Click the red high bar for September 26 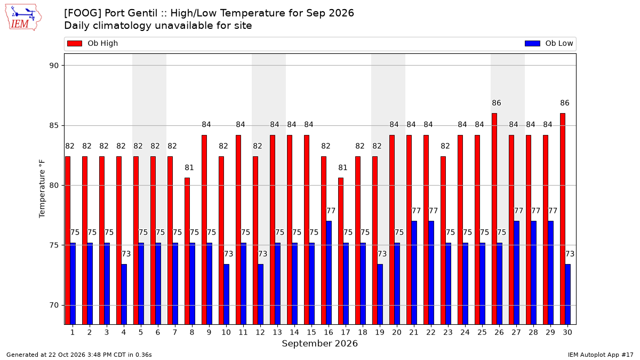click(494, 219)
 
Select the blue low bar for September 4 click(124, 294)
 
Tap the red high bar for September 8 click(187, 251)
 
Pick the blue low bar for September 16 click(329, 273)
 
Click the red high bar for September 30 click(563, 219)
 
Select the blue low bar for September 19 click(380, 294)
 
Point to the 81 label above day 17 click(342, 167)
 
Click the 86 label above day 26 click(497, 103)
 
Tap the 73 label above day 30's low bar click(570, 254)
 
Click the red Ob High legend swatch click(75, 43)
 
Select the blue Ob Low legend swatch click(532, 43)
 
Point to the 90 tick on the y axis click(54, 66)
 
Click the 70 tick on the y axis click(54, 306)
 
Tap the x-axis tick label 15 click(311, 333)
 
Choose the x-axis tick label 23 click(448, 333)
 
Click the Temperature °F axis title click(42, 189)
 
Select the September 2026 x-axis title click(319, 343)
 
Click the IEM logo click(23, 18)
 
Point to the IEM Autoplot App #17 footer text click(601, 355)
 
